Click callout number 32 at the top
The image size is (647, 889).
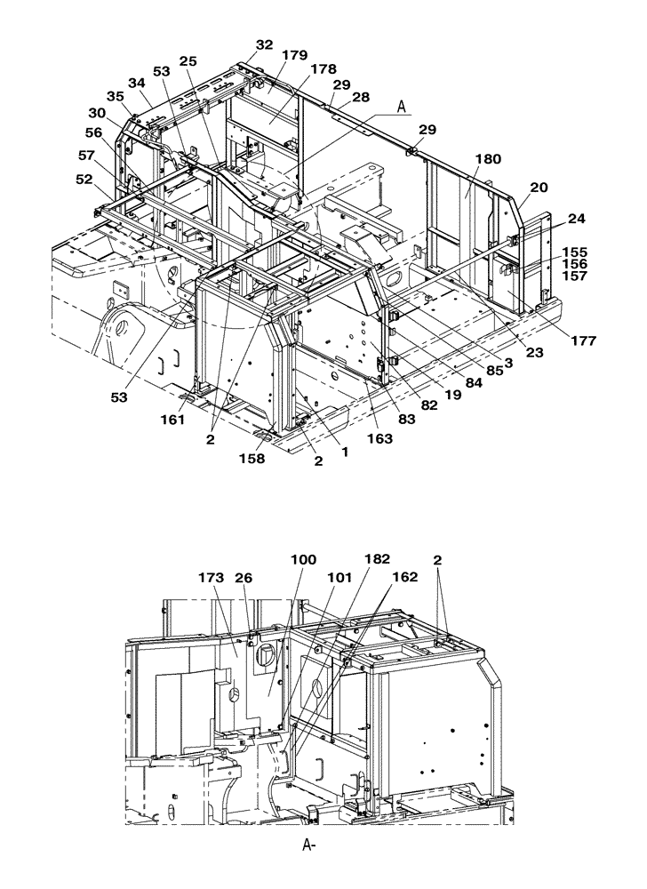(265, 44)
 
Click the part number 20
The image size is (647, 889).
(539, 188)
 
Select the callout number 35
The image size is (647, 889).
(116, 96)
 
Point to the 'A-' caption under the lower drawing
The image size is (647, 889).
(309, 845)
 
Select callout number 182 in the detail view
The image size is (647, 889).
(376, 558)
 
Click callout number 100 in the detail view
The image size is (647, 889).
(303, 559)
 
